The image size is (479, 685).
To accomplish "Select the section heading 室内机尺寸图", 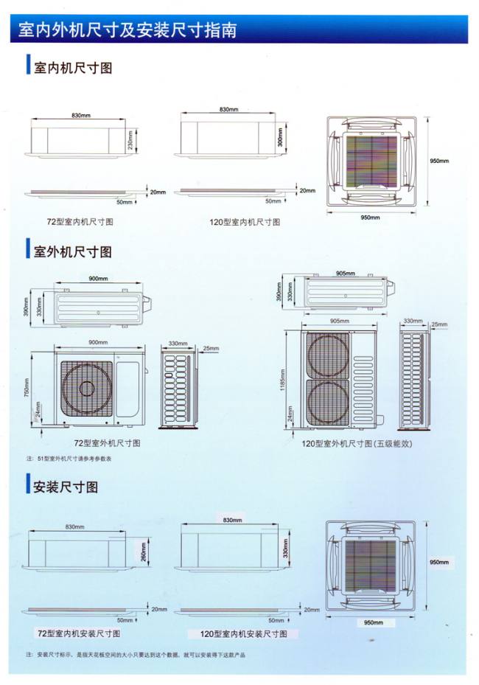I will (73, 68).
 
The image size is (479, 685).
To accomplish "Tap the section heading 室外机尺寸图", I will (73, 251).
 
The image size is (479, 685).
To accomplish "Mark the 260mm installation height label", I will (143, 551).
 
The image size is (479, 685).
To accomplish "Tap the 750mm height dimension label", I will (27, 386).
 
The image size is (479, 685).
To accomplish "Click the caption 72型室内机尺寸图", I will (80, 221).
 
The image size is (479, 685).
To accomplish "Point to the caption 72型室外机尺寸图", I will (108, 443).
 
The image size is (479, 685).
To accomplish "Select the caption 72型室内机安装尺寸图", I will (79, 633).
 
